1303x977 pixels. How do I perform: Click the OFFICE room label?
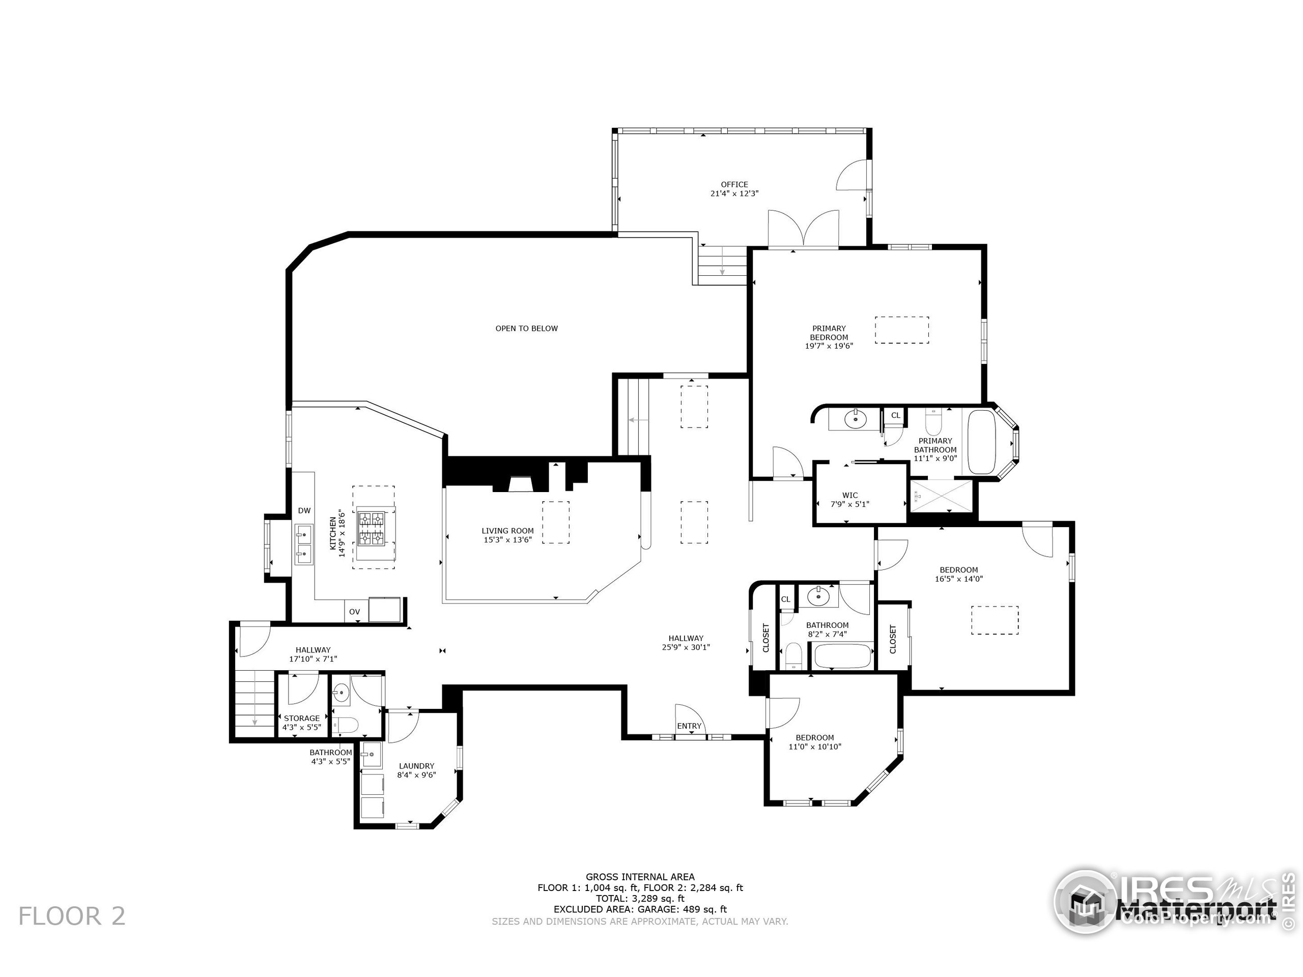click(734, 184)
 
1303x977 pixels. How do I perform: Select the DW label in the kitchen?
click(304, 510)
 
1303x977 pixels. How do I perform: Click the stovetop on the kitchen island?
click(371, 528)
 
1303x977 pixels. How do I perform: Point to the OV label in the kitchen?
click(354, 612)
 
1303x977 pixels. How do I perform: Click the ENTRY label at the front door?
click(689, 726)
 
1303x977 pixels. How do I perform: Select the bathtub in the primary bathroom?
click(981, 442)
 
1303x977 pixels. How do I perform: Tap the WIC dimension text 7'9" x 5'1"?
click(849, 504)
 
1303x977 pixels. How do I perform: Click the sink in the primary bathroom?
click(855, 420)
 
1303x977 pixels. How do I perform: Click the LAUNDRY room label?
click(416, 766)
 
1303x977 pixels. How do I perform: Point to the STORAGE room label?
click(302, 719)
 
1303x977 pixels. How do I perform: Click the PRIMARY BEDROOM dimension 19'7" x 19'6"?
click(829, 347)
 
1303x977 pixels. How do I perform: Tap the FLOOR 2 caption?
click(72, 916)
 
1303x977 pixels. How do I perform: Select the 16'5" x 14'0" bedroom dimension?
click(958, 579)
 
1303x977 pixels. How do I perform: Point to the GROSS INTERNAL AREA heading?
click(640, 877)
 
